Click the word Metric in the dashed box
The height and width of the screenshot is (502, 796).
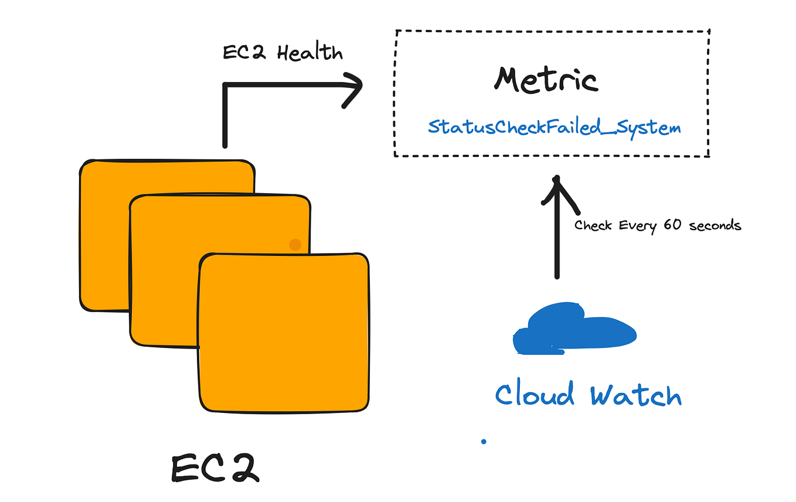546,81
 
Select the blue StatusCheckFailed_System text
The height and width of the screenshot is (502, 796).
554,127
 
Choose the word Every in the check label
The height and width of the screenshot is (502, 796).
639,226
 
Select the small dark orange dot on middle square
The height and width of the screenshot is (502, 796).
295,245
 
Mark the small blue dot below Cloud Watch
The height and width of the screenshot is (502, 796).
484,442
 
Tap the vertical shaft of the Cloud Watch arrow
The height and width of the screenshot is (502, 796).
557,246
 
